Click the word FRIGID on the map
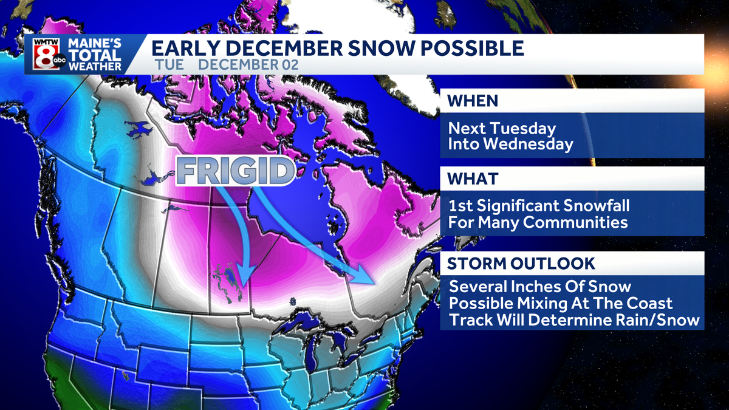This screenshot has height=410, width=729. (233, 172)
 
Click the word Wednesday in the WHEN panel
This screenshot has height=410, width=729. (534, 145)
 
